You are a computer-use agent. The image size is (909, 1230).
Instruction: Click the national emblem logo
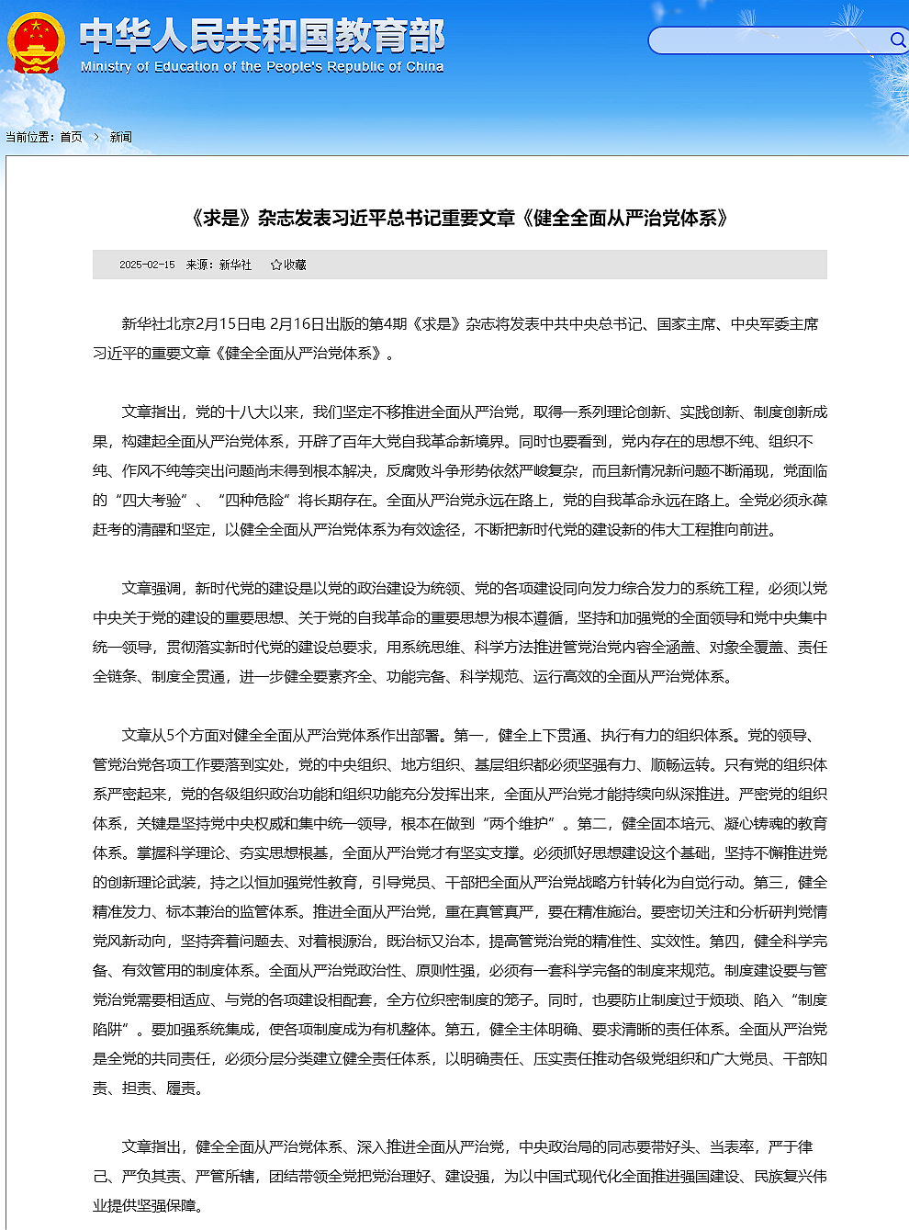[36, 42]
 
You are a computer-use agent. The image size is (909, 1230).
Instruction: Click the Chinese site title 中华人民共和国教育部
[262, 36]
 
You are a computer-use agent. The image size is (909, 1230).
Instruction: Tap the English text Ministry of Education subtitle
[262, 67]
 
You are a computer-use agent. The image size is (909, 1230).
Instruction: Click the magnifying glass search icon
[897, 39]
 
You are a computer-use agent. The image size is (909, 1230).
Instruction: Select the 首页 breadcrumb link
[71, 137]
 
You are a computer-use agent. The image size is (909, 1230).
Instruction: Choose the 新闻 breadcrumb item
[120, 137]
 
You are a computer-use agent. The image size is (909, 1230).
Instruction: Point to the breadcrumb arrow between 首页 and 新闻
[95, 137]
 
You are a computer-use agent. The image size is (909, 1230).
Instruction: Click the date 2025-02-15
[147, 265]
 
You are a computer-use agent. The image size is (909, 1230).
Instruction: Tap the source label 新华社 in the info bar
[235, 265]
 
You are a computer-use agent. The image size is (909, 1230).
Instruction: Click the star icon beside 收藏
[276, 265]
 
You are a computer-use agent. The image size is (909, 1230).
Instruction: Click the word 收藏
[295, 265]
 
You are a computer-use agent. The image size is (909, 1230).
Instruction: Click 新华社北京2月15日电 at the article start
[193, 324]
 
